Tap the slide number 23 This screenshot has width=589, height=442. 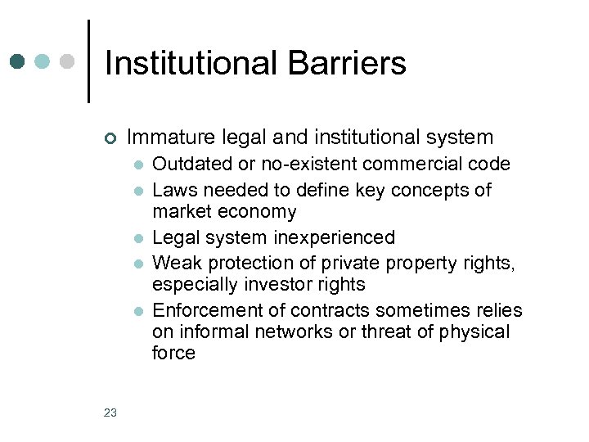pos(110,413)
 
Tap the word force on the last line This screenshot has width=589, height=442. pos(173,353)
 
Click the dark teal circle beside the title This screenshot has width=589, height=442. pos(18,61)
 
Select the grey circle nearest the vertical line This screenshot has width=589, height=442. pos(68,61)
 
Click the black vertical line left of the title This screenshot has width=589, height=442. pos(88,61)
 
